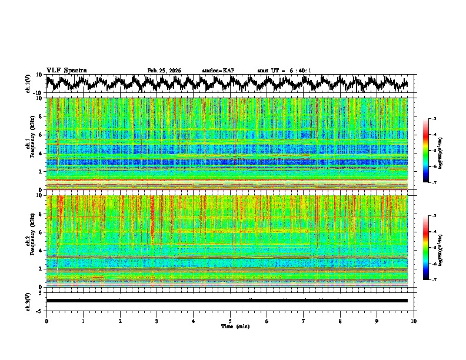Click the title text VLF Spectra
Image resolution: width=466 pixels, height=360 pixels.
coord(66,71)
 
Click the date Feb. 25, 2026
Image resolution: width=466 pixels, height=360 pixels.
coord(164,71)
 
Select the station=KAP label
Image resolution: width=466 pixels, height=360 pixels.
coord(218,71)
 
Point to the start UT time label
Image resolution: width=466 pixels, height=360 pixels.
coord(284,71)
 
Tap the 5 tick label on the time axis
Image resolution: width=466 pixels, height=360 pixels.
coord(230,321)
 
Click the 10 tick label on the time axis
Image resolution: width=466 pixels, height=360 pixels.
coord(414,321)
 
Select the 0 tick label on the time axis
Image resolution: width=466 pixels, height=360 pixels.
coord(46,321)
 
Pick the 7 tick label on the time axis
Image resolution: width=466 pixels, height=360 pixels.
coord(304,321)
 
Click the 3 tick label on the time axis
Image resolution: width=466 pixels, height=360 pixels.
coord(157,321)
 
